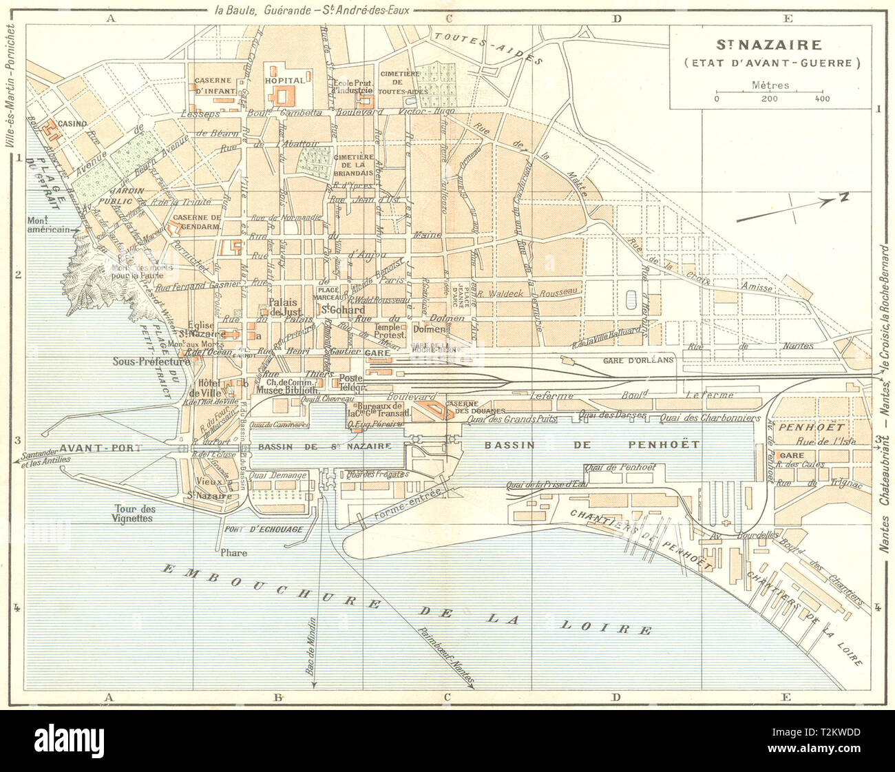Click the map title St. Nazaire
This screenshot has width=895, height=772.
click(x=769, y=45)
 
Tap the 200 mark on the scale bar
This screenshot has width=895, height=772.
click(x=769, y=99)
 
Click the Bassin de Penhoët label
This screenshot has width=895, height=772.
click(x=591, y=445)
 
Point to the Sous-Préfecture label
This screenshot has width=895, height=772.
click(x=152, y=361)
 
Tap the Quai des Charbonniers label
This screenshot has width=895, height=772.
click(x=708, y=418)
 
